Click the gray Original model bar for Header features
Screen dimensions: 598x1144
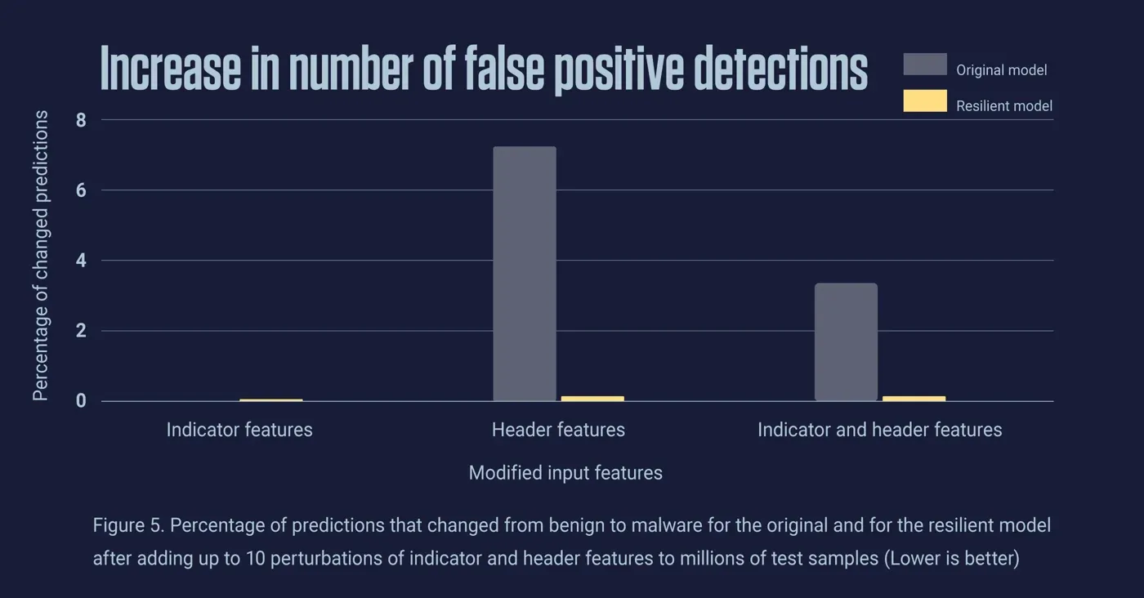tap(525, 274)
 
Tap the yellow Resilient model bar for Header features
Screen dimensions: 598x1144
tap(592, 399)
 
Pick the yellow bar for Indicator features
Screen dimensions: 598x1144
tap(271, 400)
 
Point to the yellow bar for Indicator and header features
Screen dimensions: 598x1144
tap(914, 399)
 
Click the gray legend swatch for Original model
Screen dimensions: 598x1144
tap(925, 65)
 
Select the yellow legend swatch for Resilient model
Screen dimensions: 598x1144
tap(925, 101)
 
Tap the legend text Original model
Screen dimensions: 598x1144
tap(1001, 70)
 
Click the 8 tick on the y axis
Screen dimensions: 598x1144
tap(81, 120)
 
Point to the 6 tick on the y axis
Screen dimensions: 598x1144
tap(81, 190)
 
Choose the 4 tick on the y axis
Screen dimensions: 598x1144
tap(81, 261)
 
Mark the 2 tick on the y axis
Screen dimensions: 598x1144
tap(81, 331)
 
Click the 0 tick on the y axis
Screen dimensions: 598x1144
tap(81, 401)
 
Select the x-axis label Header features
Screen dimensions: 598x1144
tap(558, 430)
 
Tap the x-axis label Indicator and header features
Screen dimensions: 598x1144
tap(879, 430)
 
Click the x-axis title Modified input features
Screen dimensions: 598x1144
tap(565, 473)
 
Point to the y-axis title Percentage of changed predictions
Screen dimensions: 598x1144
tap(40, 256)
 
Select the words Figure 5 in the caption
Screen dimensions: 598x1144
tap(127, 525)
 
